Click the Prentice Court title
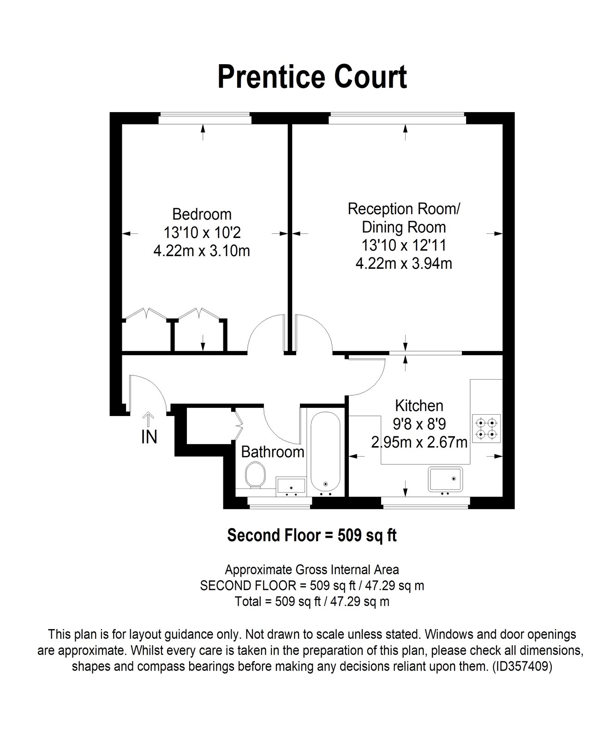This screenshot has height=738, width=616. tap(312, 77)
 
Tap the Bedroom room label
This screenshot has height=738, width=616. tap(202, 214)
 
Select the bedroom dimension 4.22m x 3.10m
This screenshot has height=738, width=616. tap(202, 251)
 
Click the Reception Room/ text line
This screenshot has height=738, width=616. tap(404, 209)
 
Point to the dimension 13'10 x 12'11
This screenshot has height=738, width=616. tap(404, 245)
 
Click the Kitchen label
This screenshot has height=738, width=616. tap(419, 406)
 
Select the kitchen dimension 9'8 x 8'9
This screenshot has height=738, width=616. tap(419, 424)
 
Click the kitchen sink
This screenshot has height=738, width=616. tap(445, 479)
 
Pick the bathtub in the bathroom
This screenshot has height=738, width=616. tap(326, 452)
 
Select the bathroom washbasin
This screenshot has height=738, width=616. tap(291, 487)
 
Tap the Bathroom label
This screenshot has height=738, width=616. tap(273, 452)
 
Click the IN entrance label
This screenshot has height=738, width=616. tap(149, 437)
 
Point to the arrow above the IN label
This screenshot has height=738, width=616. tap(149, 420)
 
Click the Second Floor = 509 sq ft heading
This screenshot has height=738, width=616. tap(312, 536)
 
